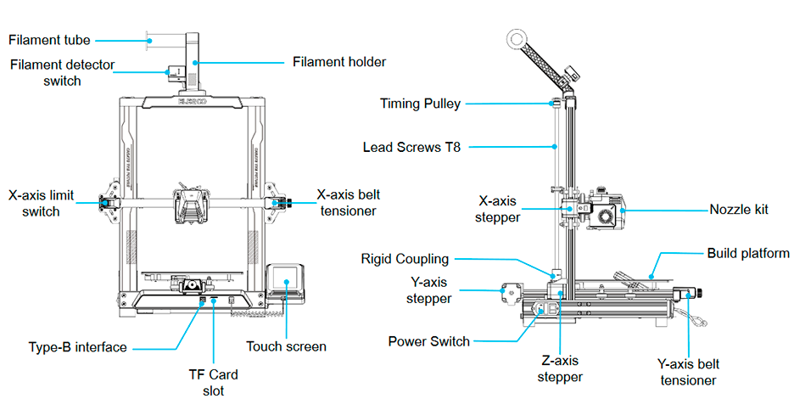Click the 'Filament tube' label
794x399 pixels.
point(49,40)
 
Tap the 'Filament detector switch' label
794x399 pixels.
point(62,73)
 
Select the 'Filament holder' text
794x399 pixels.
point(339,62)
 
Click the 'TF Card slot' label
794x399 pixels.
point(213,381)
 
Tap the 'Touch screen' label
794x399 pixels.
point(286,346)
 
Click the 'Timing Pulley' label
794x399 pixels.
point(421,104)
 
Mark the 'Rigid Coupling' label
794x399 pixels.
point(405,258)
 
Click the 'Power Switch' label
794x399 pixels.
point(428,341)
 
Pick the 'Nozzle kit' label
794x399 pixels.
point(739,208)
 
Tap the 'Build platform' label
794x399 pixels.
point(748,253)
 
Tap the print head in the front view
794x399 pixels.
point(191,205)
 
